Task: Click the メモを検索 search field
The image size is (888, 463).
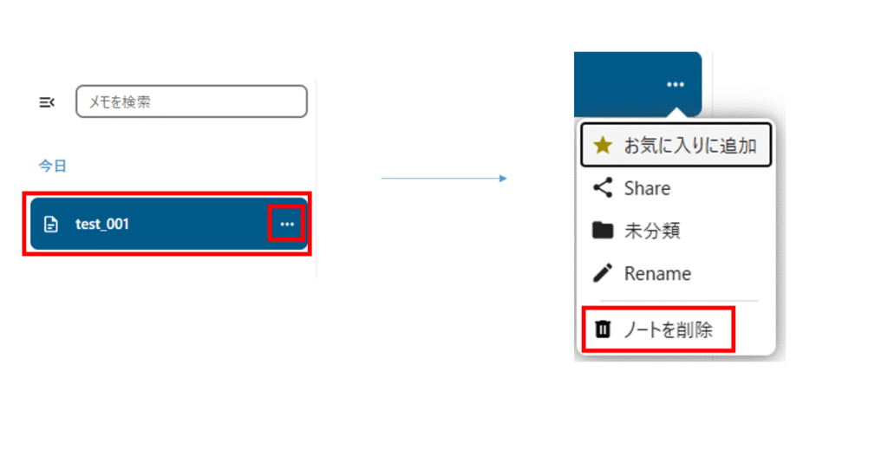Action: point(191,101)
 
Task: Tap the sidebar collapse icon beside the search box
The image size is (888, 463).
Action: point(47,102)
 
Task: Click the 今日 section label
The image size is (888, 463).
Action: point(52,166)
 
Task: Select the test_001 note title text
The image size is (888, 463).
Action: point(102,224)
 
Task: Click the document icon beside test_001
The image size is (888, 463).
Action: point(51,225)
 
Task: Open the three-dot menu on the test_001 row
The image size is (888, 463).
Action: point(287,224)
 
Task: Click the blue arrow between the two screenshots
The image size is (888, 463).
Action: point(443,179)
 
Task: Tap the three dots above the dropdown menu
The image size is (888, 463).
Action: point(676,84)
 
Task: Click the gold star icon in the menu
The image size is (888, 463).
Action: point(603,146)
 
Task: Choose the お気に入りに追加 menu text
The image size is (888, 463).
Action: point(690,146)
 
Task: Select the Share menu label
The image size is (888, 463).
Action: point(647,188)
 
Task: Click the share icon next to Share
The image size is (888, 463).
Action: point(602,187)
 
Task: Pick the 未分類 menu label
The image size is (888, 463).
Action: point(652,231)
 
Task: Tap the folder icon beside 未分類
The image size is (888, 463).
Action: point(602,231)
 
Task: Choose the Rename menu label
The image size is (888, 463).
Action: point(657,273)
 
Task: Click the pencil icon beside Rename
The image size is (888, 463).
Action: point(602,273)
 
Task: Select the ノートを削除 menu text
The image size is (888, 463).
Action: point(668,329)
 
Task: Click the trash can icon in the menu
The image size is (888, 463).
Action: point(603,329)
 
